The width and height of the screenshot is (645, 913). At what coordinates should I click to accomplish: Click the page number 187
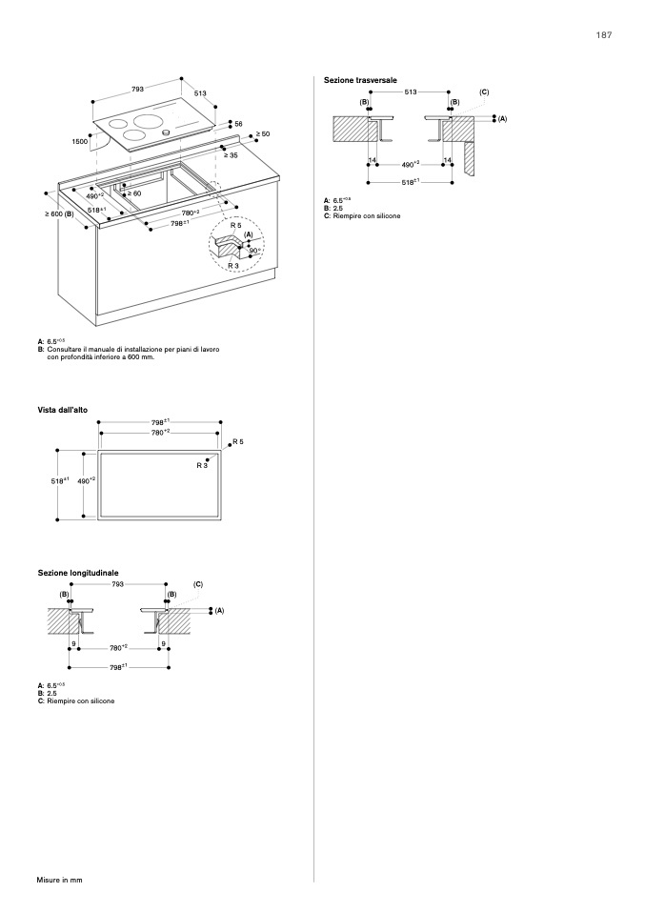pyautogui.click(x=603, y=35)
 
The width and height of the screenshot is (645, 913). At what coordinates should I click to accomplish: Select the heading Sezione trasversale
pyautogui.click(x=360, y=80)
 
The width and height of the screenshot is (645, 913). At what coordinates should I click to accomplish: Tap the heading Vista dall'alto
pyautogui.click(x=63, y=410)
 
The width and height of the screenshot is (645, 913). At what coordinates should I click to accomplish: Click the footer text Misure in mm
pyautogui.click(x=60, y=879)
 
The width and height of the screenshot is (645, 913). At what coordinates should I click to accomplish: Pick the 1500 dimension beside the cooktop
pyautogui.click(x=80, y=140)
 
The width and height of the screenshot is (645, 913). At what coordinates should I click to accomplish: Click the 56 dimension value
pyautogui.click(x=238, y=124)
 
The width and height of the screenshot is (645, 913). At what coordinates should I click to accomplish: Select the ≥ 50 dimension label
pyautogui.click(x=263, y=134)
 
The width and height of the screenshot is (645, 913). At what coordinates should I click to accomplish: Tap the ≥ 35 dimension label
pyautogui.click(x=231, y=154)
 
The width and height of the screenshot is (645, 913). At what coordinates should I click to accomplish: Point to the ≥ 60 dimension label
pyautogui.click(x=134, y=193)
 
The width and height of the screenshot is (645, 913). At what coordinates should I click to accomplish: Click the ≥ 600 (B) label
pyautogui.click(x=59, y=214)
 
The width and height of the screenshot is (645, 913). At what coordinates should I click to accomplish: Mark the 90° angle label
pyautogui.click(x=254, y=251)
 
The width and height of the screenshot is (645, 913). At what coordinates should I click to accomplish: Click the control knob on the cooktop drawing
pyautogui.click(x=166, y=131)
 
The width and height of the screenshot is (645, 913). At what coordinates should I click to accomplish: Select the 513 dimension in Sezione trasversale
pyautogui.click(x=411, y=91)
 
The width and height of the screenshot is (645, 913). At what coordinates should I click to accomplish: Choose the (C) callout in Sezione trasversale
pyautogui.click(x=484, y=91)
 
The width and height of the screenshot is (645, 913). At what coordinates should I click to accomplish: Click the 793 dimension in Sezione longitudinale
pyautogui.click(x=118, y=583)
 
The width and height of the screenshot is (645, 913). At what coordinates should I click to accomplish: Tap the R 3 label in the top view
pyautogui.click(x=202, y=465)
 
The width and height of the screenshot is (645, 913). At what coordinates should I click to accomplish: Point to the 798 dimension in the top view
pyautogui.click(x=159, y=421)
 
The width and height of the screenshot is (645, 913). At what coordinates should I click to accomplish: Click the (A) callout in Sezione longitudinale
pyautogui.click(x=218, y=609)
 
